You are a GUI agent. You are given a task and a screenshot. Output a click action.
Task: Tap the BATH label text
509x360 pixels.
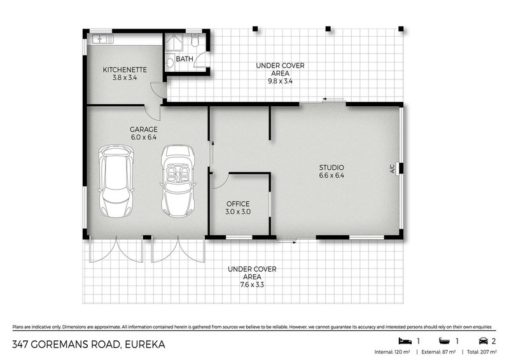(x=185, y=58)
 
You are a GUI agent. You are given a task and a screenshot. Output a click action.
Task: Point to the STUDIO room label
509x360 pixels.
(x=331, y=172)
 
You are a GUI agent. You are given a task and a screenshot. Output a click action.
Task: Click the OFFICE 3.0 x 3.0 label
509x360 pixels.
(x=237, y=207)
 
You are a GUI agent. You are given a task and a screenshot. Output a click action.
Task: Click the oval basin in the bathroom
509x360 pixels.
(x=170, y=63)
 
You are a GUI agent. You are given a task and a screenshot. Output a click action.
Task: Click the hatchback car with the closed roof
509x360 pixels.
(x=116, y=181)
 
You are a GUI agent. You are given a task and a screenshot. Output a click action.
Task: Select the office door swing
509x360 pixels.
(x=218, y=182)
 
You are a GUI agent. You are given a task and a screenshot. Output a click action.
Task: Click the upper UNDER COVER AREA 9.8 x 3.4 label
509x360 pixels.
(x=280, y=73)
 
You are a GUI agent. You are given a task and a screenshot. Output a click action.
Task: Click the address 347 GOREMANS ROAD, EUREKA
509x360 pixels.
(x=88, y=344)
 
